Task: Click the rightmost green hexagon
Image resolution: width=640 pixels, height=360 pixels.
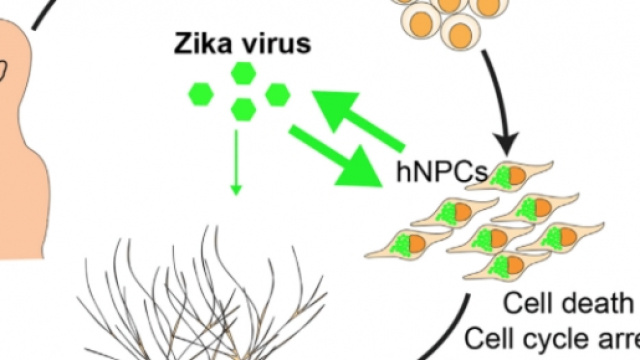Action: pyautogui.click(x=278, y=93)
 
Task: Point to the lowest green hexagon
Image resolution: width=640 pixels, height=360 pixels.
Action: pyautogui.click(x=241, y=109)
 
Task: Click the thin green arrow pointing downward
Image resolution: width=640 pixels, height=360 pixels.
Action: pyautogui.click(x=238, y=160)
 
